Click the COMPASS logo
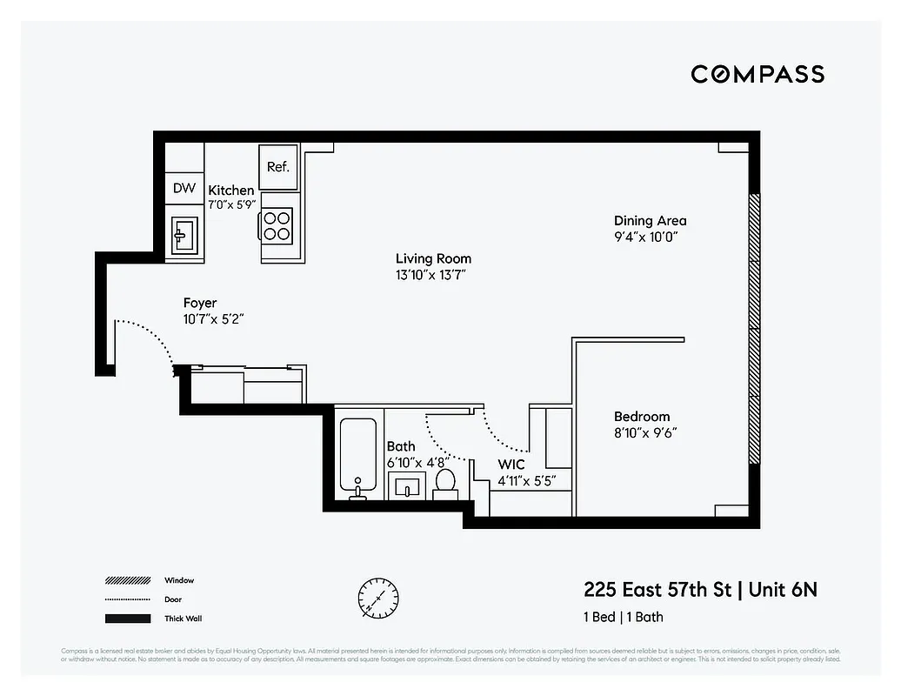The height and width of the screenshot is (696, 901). [x=758, y=74]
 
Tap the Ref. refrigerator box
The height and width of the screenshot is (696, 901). [x=278, y=166]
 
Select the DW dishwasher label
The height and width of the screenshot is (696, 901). [x=184, y=188]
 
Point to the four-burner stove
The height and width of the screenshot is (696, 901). [x=277, y=226]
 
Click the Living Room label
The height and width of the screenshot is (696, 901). [x=433, y=258]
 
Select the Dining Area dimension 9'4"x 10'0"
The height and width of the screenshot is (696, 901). [x=644, y=237]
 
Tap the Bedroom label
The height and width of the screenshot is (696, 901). [x=642, y=417]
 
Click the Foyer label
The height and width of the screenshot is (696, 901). [x=200, y=303]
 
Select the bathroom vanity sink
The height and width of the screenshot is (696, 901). [x=406, y=486]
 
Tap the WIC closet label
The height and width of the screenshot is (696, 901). [x=511, y=465]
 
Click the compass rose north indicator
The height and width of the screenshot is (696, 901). [x=379, y=599]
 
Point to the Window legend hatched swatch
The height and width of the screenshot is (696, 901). [x=128, y=580]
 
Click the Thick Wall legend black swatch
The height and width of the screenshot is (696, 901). [x=128, y=619]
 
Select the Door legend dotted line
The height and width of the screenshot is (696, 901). [x=128, y=599]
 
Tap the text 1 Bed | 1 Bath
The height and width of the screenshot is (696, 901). [x=623, y=617]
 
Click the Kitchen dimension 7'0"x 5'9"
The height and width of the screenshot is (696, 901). [x=231, y=205]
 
